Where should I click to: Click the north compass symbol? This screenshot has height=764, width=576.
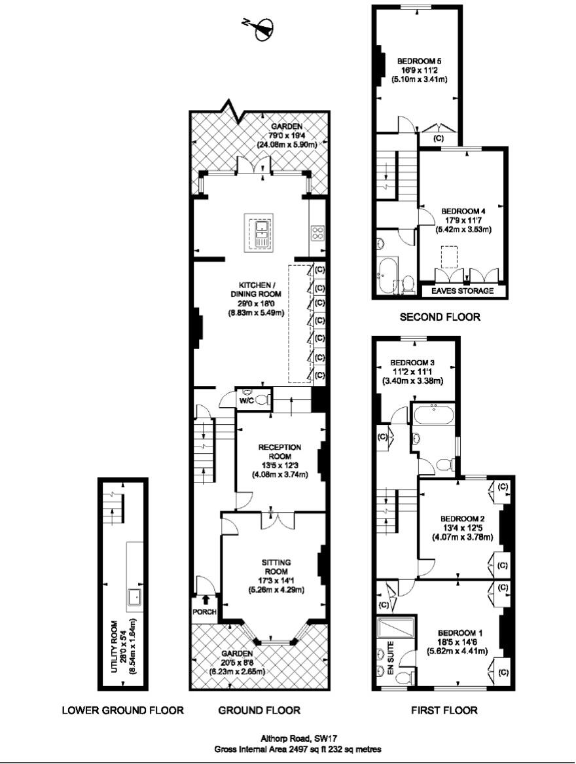click(x=262, y=27)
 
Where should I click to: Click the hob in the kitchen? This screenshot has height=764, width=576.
click(x=317, y=233)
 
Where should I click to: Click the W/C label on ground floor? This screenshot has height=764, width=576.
click(x=246, y=400)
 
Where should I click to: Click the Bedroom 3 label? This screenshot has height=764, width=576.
click(x=412, y=362)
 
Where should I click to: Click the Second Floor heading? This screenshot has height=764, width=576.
click(x=440, y=317)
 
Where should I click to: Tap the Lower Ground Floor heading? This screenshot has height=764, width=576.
click(x=122, y=710)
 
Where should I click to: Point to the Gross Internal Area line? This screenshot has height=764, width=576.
click(x=298, y=748)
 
